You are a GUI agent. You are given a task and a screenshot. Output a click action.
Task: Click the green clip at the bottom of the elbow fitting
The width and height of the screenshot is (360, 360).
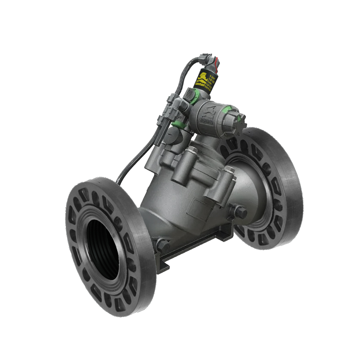(176, 126)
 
